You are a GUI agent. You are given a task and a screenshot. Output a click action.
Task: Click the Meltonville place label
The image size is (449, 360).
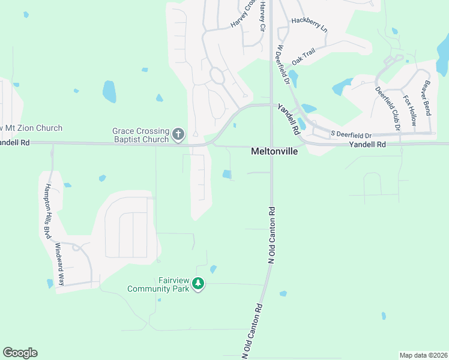click(x=274, y=152)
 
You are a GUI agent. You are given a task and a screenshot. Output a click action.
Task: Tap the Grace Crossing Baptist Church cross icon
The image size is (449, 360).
click(x=178, y=134)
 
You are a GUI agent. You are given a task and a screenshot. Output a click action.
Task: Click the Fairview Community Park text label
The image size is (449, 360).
click(x=158, y=284)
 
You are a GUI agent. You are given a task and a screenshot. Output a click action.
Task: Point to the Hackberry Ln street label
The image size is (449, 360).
click(x=310, y=25)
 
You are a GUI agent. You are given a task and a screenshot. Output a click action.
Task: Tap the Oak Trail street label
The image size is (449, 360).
click(x=303, y=58)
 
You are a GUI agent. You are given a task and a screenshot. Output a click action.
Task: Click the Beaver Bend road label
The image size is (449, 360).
click(x=427, y=98)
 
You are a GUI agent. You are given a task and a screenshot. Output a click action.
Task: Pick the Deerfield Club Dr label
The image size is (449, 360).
click(x=387, y=108)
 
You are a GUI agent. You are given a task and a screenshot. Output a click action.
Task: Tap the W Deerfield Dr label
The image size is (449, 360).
click(x=283, y=62)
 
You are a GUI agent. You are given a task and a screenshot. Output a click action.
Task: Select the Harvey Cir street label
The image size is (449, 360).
click(x=262, y=16)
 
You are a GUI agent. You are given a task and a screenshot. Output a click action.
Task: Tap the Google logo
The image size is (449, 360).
click(x=20, y=353)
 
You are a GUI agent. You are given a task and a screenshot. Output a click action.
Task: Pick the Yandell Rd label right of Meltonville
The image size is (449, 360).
click(x=368, y=145)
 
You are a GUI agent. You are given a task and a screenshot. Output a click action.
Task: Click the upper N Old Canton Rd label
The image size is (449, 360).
click(x=271, y=236)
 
